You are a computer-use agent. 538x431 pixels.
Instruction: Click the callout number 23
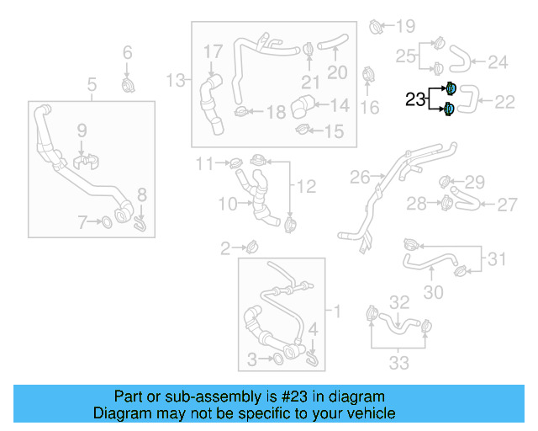415,99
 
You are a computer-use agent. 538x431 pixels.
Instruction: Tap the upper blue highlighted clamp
451,88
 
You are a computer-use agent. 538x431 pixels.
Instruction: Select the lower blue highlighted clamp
451,109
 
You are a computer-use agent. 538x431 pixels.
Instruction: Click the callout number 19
405,25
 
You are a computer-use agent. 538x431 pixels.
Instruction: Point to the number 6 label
128,53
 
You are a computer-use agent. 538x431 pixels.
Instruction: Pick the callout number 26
360,178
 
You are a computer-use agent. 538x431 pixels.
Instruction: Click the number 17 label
213,52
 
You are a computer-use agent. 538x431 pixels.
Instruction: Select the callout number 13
175,80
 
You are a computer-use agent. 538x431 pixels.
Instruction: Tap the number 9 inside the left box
82,130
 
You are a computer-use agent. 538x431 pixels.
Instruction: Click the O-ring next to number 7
108,222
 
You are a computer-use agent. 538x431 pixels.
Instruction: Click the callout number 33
398,363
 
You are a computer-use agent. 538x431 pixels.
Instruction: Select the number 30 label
433,292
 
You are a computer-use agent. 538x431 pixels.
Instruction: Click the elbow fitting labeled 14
303,108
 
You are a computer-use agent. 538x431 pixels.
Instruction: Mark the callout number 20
336,72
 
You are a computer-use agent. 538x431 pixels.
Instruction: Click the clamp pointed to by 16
368,76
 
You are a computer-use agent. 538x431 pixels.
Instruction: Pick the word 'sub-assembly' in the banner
198,396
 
